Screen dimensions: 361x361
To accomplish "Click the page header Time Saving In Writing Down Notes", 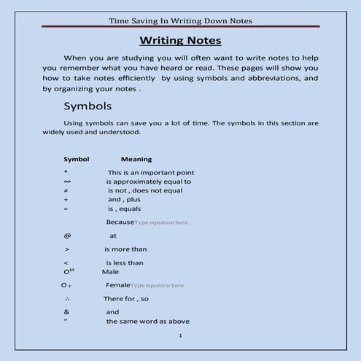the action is [x=180, y=20].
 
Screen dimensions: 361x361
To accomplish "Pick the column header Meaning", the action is [x=136, y=159].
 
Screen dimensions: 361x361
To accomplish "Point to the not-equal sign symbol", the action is [x=66, y=190].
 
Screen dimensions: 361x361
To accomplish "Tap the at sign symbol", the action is [x=67, y=236].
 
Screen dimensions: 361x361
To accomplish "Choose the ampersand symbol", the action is [x=66, y=311].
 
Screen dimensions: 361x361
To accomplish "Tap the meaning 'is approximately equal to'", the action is [x=149, y=182].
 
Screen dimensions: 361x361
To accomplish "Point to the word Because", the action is [x=120, y=221].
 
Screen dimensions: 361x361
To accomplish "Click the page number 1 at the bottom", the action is [x=179, y=336].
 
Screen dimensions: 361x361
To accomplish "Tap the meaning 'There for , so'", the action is [x=126, y=299].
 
